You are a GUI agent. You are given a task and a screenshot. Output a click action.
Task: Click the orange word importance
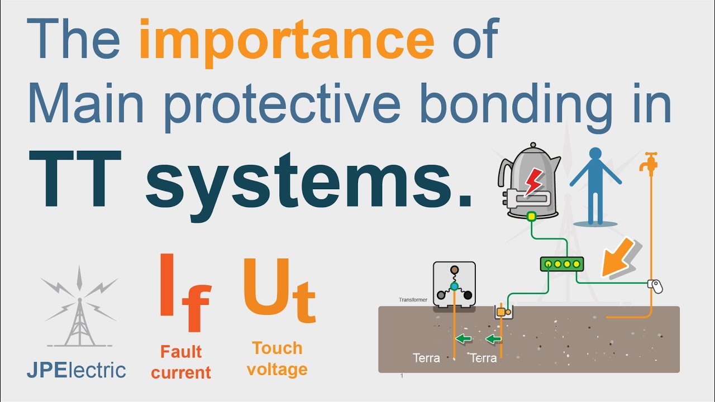click(287, 43)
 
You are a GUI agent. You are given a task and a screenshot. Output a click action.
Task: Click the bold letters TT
click(75, 179)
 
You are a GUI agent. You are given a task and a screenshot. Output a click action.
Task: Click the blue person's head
click(595, 154)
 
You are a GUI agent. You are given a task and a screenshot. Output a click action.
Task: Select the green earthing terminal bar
click(562, 264)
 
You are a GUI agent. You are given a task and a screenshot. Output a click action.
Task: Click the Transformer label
click(413, 300)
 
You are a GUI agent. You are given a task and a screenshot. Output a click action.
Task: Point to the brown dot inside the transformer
click(455, 270)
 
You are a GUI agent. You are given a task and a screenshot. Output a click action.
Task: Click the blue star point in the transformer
click(454, 286)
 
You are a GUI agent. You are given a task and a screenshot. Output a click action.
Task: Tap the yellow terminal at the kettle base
click(531, 217)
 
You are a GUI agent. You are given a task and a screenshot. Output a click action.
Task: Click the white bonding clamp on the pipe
click(655, 286)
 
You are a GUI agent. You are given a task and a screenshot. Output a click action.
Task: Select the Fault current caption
click(181, 362)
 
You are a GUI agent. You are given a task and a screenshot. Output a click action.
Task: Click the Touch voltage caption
click(277, 358)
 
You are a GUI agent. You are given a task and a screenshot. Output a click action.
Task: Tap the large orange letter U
click(266, 287)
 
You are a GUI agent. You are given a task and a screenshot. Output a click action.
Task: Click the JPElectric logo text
click(77, 370)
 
